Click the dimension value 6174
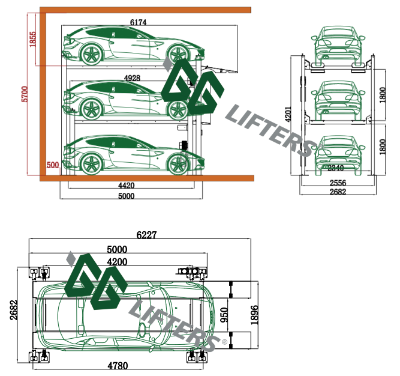[139, 22]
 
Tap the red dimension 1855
[33, 39]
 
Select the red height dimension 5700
[25, 94]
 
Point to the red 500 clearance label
[53, 165]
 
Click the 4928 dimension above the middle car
[132, 78]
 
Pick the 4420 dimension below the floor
[127, 186]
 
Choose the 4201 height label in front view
[288, 114]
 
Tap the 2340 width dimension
[336, 168]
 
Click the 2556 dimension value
[338, 183]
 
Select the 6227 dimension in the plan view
[146, 235]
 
